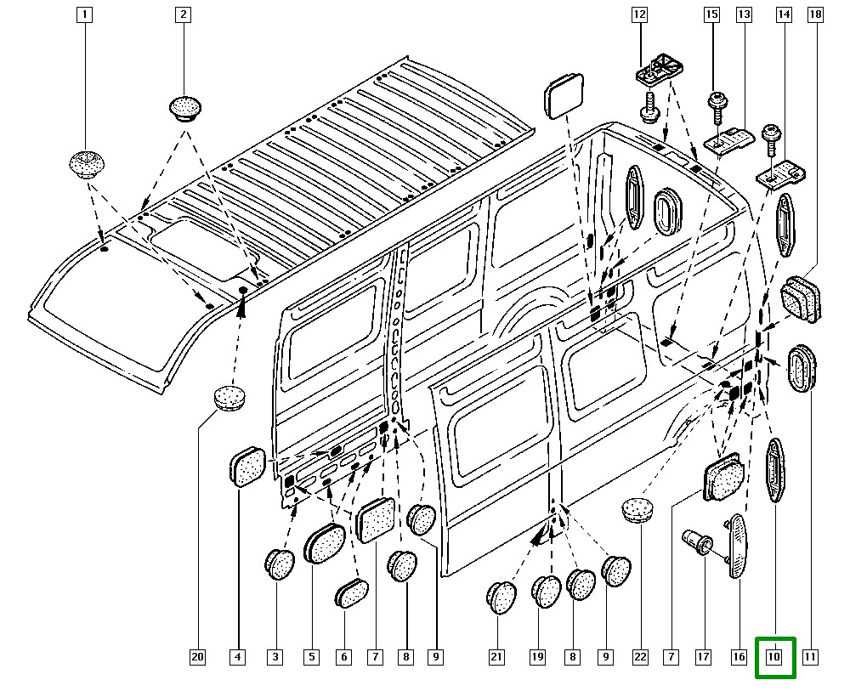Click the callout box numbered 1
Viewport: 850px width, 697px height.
pos(84,14)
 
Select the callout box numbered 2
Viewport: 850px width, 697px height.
pos(184,14)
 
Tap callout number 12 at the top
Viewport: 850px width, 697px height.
pos(639,14)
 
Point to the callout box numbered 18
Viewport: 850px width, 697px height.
pos(815,14)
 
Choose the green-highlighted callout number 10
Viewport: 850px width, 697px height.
pos(774,657)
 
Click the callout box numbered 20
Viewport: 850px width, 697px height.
pos(197,657)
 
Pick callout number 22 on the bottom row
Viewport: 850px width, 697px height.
pos(640,657)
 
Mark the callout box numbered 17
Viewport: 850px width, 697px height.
pos(703,657)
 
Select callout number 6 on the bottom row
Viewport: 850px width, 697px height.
pos(343,657)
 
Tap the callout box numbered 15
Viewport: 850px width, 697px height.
pos(711,14)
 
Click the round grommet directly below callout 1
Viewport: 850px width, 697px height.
pos(85,162)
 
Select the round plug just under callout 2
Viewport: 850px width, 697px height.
pos(184,108)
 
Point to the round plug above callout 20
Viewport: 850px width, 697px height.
pos(228,397)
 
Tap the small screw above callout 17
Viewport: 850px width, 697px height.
pos(696,541)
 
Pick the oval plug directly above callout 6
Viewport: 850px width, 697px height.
pos(351,592)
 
